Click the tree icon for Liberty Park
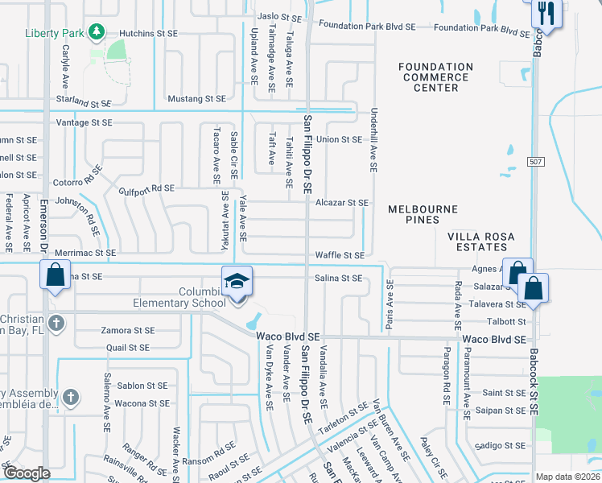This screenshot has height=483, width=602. pyautogui.click(x=97, y=32)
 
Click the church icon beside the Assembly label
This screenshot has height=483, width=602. pyautogui.click(x=71, y=396)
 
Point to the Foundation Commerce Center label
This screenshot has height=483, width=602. pyautogui.click(x=435, y=77)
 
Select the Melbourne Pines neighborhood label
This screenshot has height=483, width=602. pyautogui.click(x=423, y=213)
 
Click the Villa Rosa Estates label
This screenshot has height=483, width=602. pyautogui.click(x=480, y=242)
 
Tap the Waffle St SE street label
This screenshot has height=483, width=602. pyautogui.click(x=340, y=255)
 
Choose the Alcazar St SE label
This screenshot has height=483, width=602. pyautogui.click(x=342, y=204)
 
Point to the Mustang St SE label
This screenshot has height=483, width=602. pyautogui.click(x=196, y=99)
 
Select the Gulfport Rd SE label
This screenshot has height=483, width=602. pyautogui.click(x=146, y=188)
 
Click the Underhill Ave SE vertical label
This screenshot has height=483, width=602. pyautogui.click(x=373, y=141)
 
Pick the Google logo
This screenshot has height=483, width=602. pyautogui.click(x=27, y=473)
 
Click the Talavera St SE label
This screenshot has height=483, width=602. pyautogui.click(x=504, y=304)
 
